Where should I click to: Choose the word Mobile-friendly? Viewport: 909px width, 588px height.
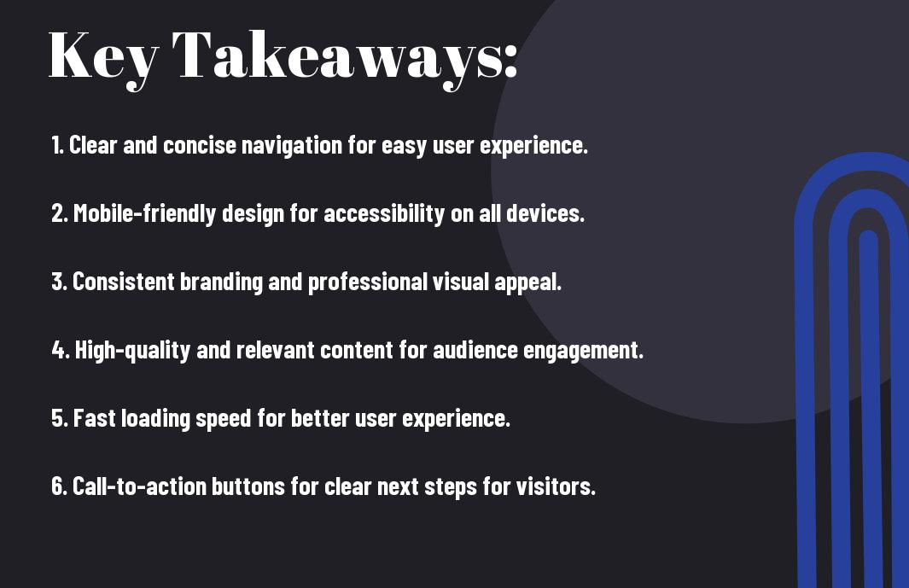tap(144, 213)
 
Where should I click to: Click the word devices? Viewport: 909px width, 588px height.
tap(545, 213)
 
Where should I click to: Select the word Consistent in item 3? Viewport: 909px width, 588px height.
tap(124, 282)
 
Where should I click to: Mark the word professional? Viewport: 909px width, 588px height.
tap(368, 282)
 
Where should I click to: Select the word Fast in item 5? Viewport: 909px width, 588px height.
tap(95, 418)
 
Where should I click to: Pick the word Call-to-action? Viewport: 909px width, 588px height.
tap(139, 486)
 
